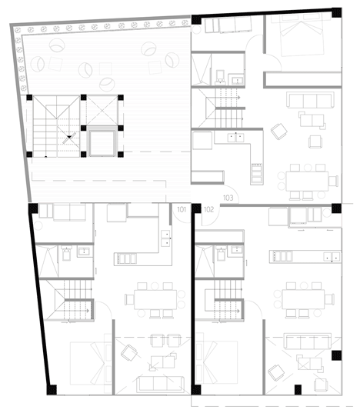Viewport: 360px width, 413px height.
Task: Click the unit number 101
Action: tap(182, 210)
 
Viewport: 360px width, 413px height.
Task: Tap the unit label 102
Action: tap(208, 210)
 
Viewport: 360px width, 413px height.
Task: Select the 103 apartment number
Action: tap(228, 198)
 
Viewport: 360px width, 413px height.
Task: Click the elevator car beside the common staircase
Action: tap(102, 142)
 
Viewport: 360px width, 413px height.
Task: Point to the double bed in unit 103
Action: tap(302, 35)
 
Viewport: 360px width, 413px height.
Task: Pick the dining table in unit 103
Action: tap(307, 182)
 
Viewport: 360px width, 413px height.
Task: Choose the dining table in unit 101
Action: tap(155, 299)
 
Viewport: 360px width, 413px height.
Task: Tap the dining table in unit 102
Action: tap(303, 299)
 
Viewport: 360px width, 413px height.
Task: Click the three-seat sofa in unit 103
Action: tap(310, 100)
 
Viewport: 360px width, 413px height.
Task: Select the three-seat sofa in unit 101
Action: tap(160, 385)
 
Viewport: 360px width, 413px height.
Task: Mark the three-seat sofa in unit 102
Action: tap(308, 341)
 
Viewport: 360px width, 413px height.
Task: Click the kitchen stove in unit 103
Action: tap(256, 173)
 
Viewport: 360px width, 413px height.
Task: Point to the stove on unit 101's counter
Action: tap(125, 258)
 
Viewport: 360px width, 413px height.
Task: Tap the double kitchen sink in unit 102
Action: tap(332, 256)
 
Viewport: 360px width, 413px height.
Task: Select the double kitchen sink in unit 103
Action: tap(235, 138)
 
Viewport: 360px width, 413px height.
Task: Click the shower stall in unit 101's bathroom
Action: tap(47, 261)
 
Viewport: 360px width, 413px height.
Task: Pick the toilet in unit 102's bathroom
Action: tap(221, 253)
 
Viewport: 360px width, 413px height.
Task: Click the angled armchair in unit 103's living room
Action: tap(279, 132)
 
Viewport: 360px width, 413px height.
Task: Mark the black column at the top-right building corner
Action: tap(337, 12)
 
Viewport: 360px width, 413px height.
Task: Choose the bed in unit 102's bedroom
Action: tap(216, 363)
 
